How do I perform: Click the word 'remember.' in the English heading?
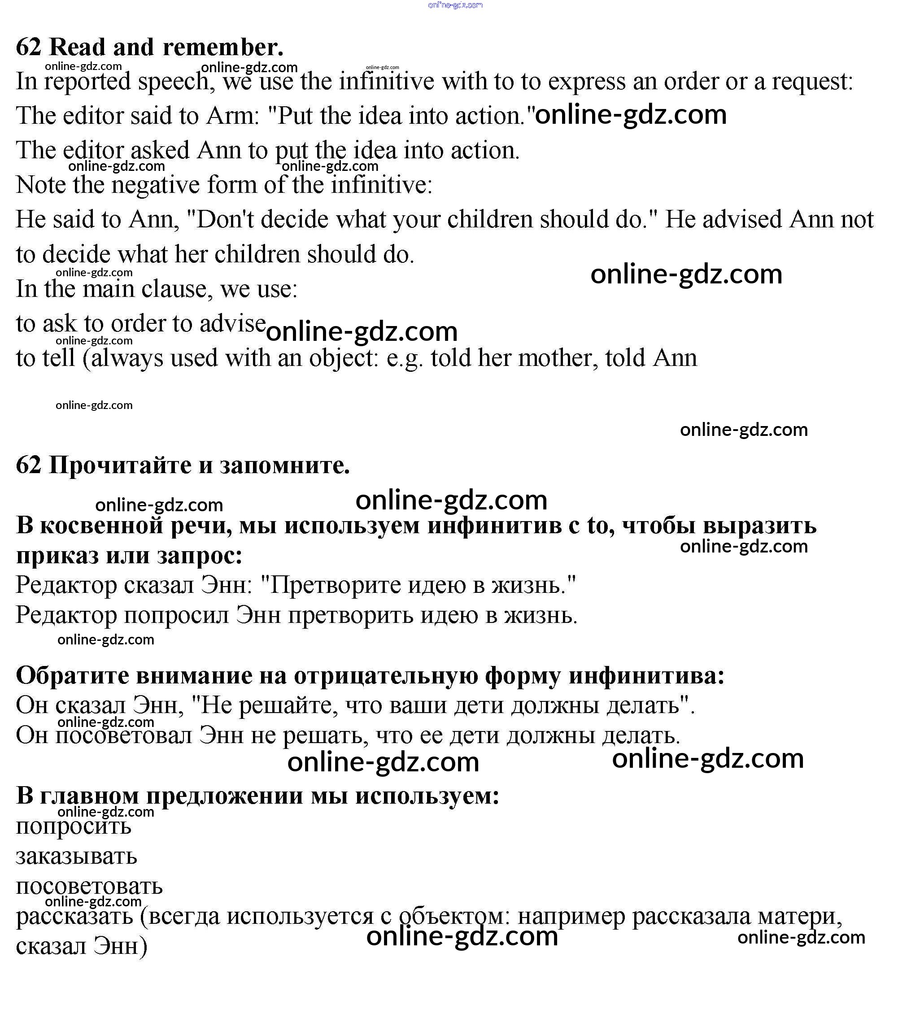click(x=223, y=47)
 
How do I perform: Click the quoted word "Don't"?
click(x=220, y=219)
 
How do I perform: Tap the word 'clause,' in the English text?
click(x=170, y=289)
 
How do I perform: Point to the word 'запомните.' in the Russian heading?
click(x=284, y=465)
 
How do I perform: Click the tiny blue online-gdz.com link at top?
click(x=456, y=5)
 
